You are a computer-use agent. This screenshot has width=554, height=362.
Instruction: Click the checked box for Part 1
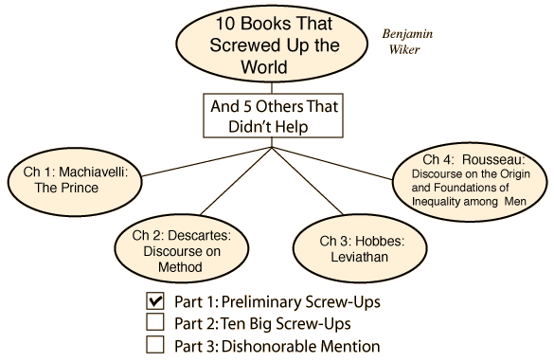coord(155,301)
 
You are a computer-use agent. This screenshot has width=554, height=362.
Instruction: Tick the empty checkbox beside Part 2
coord(155,322)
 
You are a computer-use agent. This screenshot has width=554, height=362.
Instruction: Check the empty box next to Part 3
coord(155,344)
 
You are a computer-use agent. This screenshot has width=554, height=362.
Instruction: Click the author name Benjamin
coord(407,34)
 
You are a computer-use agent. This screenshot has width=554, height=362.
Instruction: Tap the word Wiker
coord(404,49)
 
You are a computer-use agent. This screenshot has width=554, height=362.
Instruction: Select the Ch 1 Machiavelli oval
coord(75,182)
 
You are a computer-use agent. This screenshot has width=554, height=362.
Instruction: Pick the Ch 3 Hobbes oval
coord(360,247)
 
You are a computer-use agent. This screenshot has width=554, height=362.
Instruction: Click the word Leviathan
coord(359,257)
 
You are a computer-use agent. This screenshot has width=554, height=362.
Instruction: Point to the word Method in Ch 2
coord(180,267)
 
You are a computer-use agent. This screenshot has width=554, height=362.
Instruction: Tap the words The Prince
coord(66,188)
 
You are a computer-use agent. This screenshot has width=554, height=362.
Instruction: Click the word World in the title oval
coord(263,66)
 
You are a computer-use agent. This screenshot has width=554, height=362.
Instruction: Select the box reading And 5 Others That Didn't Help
coord(273,116)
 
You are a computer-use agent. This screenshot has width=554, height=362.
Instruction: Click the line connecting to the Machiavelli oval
coord(206,161)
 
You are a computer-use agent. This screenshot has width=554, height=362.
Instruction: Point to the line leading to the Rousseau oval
coord(332,163)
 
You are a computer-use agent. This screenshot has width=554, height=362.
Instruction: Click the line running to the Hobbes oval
coord(308,181)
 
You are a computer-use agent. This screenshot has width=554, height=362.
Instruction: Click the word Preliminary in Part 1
coord(260,302)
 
